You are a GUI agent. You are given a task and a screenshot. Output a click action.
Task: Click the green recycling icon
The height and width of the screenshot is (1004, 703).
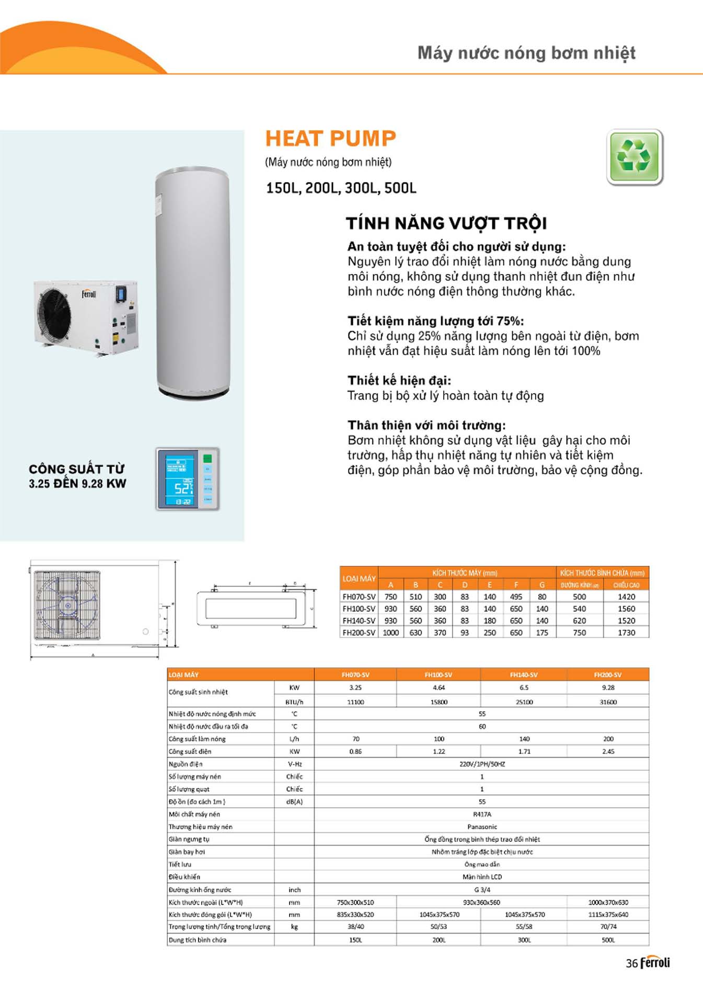(x=635, y=157)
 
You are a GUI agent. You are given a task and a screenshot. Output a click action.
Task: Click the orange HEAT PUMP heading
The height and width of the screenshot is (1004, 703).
(x=330, y=139)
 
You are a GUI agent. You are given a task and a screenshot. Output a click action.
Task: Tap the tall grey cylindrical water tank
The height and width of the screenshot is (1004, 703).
(x=192, y=282)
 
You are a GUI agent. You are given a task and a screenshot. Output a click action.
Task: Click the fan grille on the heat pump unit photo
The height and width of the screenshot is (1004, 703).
(x=54, y=316)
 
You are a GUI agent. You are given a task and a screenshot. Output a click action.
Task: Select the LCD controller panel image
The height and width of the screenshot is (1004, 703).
(x=187, y=478)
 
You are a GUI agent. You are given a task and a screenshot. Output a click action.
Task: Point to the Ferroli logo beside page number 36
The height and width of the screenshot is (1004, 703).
(x=655, y=963)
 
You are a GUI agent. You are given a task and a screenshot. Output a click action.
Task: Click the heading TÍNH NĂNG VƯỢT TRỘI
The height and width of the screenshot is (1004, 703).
(x=446, y=223)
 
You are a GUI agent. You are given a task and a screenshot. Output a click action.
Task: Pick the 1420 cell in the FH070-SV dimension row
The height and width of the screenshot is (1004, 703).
(x=626, y=597)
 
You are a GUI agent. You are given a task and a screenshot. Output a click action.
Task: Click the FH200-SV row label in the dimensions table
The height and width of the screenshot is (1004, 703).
(x=359, y=633)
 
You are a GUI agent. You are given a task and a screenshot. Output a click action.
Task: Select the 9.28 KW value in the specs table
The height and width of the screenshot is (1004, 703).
(x=608, y=688)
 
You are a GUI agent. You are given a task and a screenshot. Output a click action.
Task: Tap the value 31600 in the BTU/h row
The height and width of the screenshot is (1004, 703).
(x=608, y=702)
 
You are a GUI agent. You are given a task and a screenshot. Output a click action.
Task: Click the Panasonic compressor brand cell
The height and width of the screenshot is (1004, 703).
(x=482, y=827)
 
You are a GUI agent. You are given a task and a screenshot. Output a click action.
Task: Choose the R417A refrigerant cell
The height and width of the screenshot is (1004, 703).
(x=482, y=814)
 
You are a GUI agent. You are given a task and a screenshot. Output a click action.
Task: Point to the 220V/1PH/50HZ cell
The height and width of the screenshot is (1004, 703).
(x=482, y=764)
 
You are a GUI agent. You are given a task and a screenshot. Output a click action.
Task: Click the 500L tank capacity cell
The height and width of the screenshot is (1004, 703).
(x=608, y=940)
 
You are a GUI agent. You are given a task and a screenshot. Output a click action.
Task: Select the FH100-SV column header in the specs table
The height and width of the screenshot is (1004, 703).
(x=439, y=675)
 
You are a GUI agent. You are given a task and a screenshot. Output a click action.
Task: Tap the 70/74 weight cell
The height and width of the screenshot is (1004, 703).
(x=608, y=927)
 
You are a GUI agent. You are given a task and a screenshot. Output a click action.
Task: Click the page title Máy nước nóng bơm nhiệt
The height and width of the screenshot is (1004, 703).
(x=526, y=53)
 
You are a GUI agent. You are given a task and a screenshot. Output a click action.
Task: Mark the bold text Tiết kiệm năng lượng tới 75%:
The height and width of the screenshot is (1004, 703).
(x=435, y=321)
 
